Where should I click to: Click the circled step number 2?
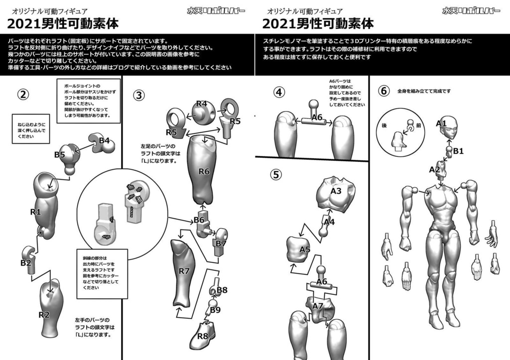point(22,94)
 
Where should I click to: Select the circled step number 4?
point(280,92)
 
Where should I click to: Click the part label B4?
point(104,140)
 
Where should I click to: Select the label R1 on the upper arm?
point(35,212)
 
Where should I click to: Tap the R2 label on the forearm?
point(44,314)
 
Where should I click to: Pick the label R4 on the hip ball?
point(201,104)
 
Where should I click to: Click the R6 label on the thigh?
point(204,171)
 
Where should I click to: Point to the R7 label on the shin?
point(184,271)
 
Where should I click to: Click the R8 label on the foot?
point(202,336)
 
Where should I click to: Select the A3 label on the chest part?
point(335,191)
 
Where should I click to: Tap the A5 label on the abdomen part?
point(305,249)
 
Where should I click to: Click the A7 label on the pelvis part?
point(318,305)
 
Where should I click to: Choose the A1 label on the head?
point(441,122)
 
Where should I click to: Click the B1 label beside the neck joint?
point(458,151)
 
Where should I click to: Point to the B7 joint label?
point(221,243)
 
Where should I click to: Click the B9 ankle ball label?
point(215,310)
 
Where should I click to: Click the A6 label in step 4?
point(317,118)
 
